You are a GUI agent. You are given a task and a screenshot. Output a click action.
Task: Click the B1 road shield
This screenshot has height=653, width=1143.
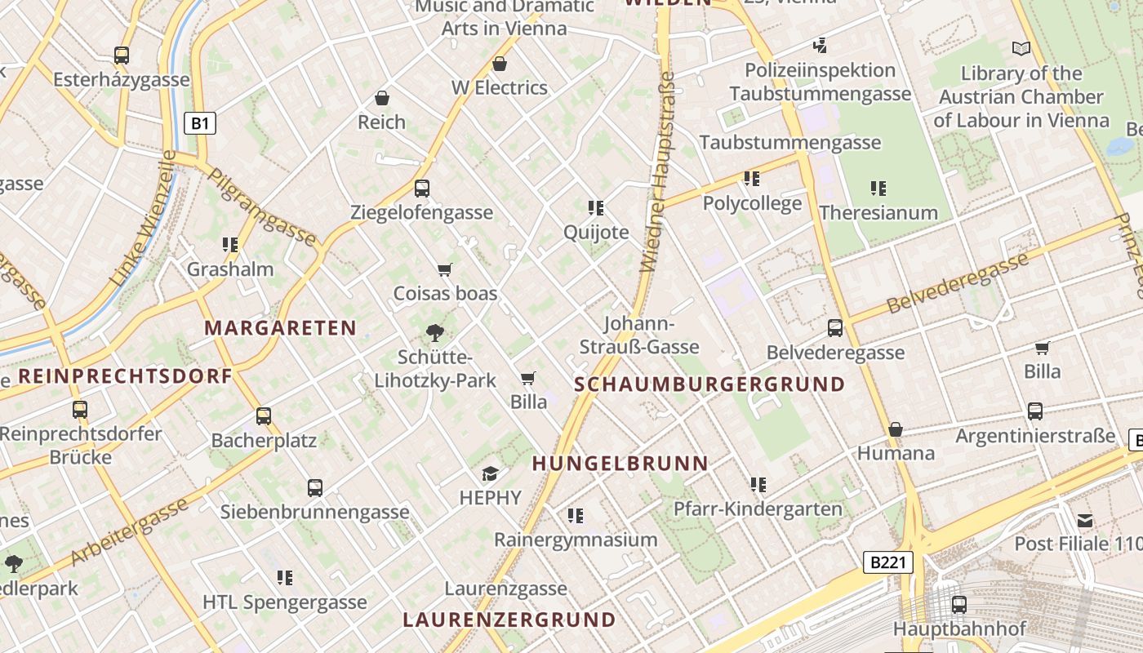(200, 124)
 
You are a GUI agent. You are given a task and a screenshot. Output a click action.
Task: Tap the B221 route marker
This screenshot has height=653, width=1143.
(887, 562)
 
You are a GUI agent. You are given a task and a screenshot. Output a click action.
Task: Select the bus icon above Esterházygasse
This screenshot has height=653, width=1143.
(122, 56)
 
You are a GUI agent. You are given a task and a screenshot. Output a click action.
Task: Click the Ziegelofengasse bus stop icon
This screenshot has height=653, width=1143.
(422, 189)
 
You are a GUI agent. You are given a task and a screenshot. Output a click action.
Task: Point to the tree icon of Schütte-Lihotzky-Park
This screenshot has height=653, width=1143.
(435, 332)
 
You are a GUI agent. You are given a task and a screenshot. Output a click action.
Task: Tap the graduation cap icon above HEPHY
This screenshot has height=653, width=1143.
(490, 473)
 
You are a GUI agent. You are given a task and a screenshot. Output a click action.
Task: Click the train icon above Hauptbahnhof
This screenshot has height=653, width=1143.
(959, 605)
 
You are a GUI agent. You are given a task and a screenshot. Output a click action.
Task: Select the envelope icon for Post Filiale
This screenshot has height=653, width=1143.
(1085, 520)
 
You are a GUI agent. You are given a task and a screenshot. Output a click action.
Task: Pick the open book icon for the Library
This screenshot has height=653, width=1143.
(1021, 48)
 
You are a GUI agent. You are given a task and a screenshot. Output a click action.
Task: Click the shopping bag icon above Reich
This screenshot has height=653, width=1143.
(381, 99)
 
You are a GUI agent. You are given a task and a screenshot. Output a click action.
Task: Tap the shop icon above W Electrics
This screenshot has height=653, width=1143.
(500, 64)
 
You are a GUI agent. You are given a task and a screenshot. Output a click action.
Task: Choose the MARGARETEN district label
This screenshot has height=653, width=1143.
(280, 328)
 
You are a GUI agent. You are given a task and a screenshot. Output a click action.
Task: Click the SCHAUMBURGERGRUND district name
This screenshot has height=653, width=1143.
(709, 384)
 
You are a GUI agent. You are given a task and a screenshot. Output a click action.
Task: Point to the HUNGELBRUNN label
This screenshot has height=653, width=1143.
(620, 464)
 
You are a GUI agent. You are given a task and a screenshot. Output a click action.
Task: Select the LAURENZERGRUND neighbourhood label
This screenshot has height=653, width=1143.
(509, 619)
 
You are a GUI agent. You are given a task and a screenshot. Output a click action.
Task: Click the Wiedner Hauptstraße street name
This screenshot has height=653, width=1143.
(659, 171)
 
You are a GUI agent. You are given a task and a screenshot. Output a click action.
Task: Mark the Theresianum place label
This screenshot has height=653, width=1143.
(878, 213)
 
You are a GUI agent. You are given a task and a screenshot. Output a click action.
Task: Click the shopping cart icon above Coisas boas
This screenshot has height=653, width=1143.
(445, 269)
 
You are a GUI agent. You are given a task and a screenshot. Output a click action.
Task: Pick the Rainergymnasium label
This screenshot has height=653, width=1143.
(576, 540)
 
